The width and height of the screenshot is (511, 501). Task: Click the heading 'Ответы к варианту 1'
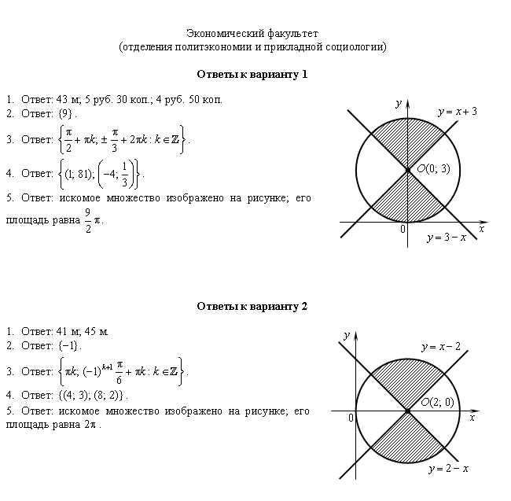pos(252,75)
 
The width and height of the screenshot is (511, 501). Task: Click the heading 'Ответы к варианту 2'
pos(252,307)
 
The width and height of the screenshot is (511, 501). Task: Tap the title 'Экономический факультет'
pos(252,34)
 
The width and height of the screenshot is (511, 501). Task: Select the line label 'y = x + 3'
pos(458,112)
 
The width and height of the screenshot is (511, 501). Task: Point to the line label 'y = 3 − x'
pos(447,238)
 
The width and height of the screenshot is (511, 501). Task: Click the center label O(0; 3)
pos(433,168)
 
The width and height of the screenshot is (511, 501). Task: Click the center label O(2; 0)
pos(437,402)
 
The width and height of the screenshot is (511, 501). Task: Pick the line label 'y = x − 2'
pos(441,347)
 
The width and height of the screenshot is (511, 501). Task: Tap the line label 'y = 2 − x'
pos(449,469)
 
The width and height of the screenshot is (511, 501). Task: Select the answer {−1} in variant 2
pos(68,345)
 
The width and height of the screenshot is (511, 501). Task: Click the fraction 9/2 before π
pos(88,221)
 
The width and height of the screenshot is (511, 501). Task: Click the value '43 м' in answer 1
pos(68,99)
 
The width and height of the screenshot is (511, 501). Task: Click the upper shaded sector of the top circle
pos(408,140)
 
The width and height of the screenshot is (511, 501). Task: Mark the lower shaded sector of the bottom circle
pos(408,440)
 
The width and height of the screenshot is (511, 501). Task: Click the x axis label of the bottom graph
pos(472,418)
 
